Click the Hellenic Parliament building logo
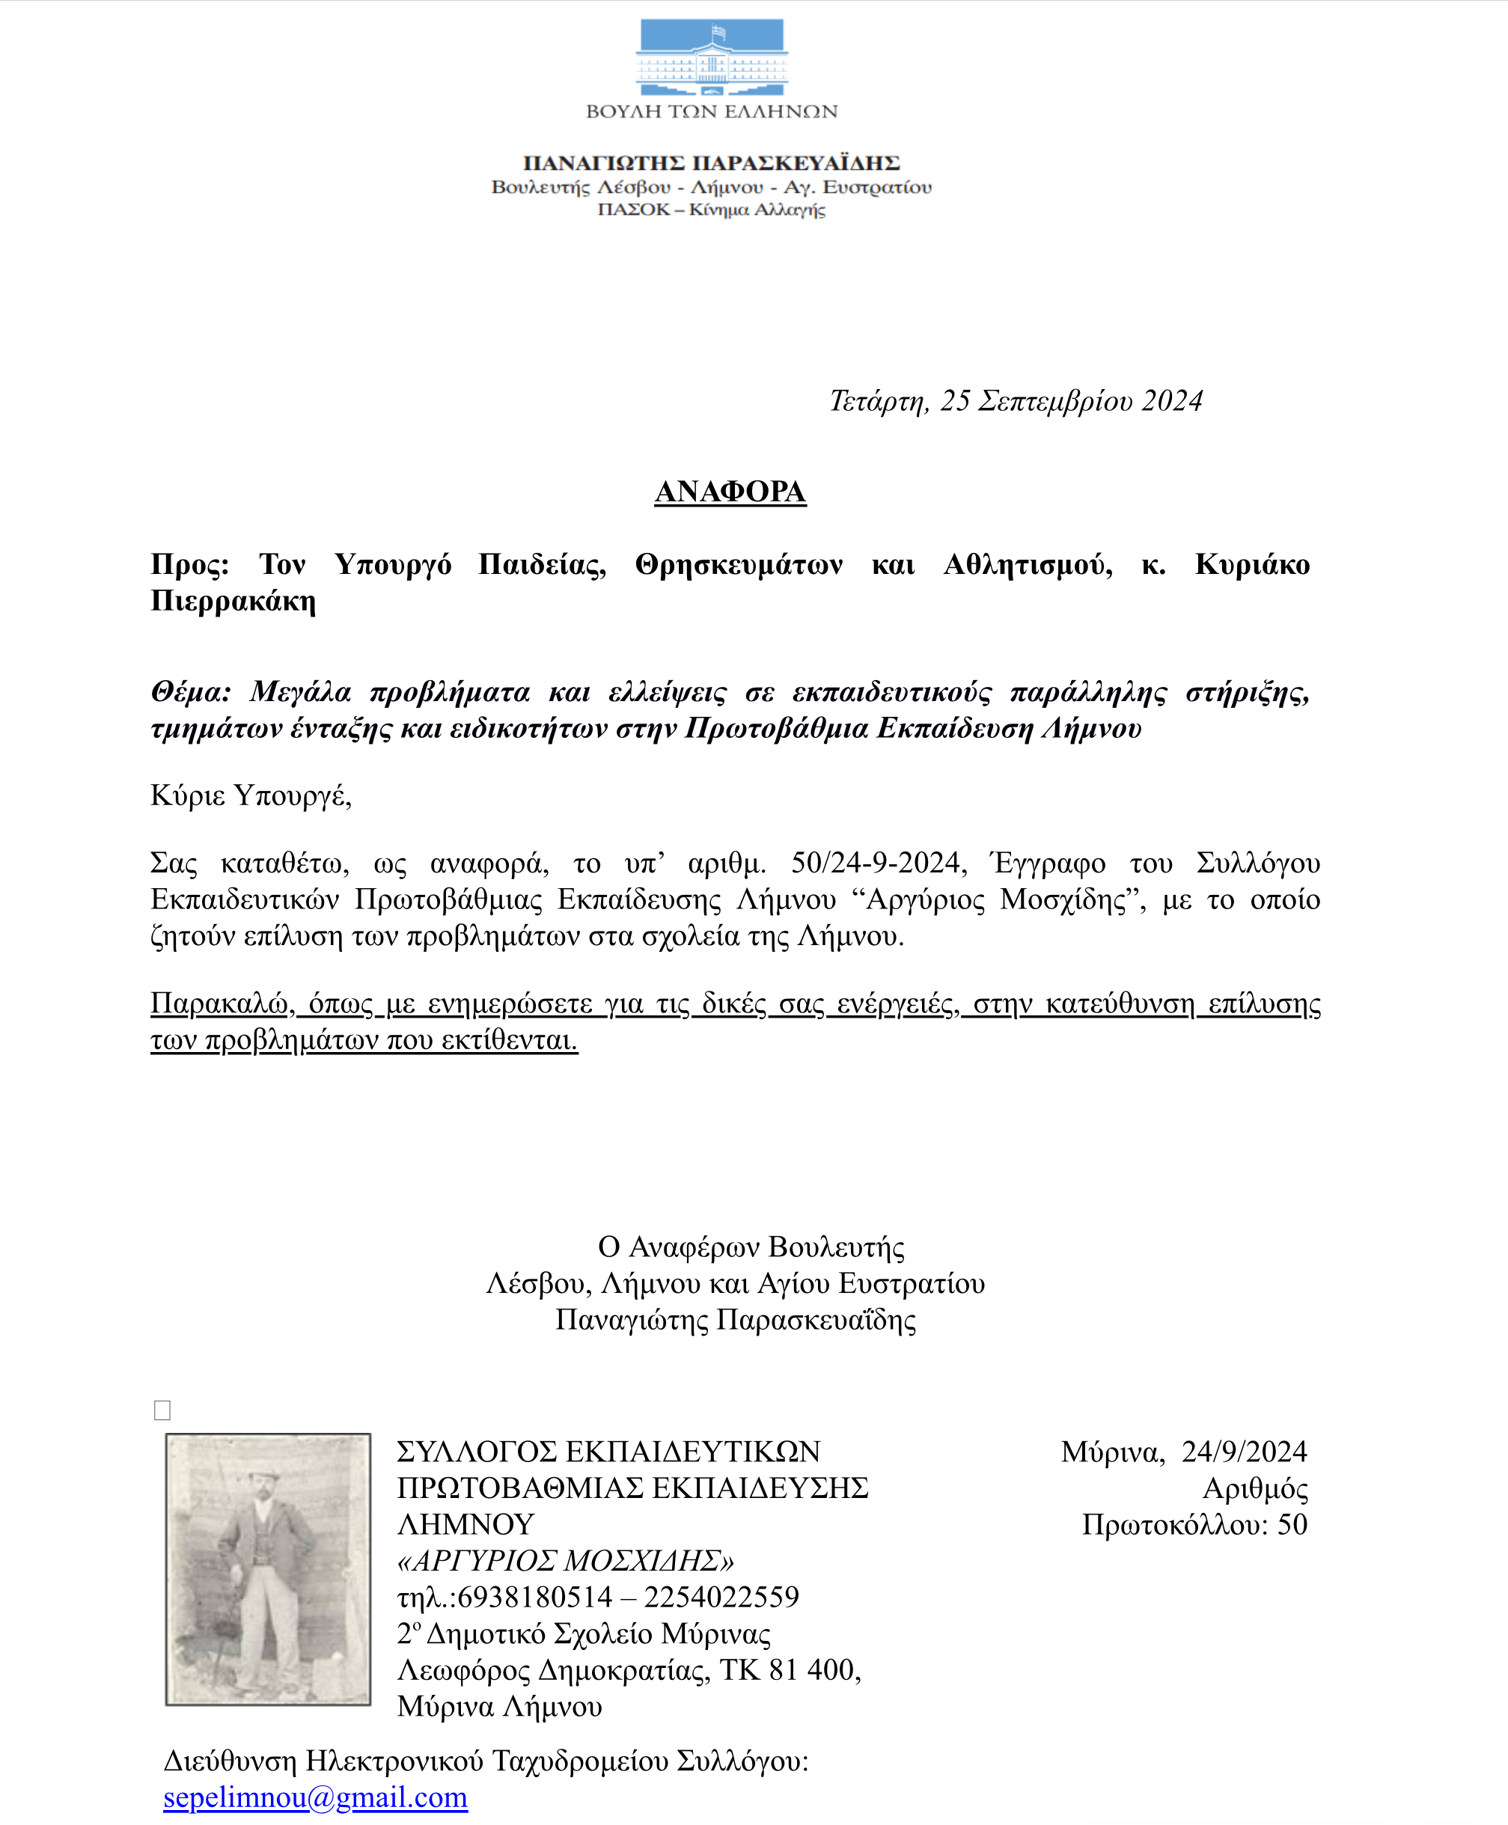712,58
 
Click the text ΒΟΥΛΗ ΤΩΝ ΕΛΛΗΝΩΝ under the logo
712,111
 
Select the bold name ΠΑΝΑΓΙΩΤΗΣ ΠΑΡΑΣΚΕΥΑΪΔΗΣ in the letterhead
712,162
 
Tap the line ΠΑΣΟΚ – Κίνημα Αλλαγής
712,210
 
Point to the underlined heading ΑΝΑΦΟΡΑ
730,492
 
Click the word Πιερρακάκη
233,600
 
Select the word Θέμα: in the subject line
191,691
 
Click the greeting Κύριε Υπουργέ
251,795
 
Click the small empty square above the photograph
162,1410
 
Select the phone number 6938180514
534,1597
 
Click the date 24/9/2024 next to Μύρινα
1244,1452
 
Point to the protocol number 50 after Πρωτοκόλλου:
1292,1524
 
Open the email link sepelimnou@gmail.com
315,1797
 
